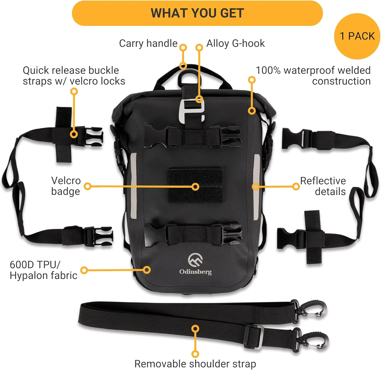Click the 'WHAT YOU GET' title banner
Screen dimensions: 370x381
197,13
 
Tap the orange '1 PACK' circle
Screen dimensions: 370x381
357,36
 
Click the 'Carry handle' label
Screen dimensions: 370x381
148,43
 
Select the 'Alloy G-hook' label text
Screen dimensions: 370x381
235,43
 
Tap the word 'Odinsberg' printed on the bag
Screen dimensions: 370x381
195,272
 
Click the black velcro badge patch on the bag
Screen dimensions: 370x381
195,186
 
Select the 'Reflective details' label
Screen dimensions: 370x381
323,186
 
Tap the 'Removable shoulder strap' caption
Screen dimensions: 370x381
195,364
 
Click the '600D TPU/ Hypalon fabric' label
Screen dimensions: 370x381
43,270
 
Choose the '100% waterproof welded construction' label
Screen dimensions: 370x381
313,76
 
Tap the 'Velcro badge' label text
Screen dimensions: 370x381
66,186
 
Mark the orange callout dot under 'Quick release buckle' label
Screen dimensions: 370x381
74,92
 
